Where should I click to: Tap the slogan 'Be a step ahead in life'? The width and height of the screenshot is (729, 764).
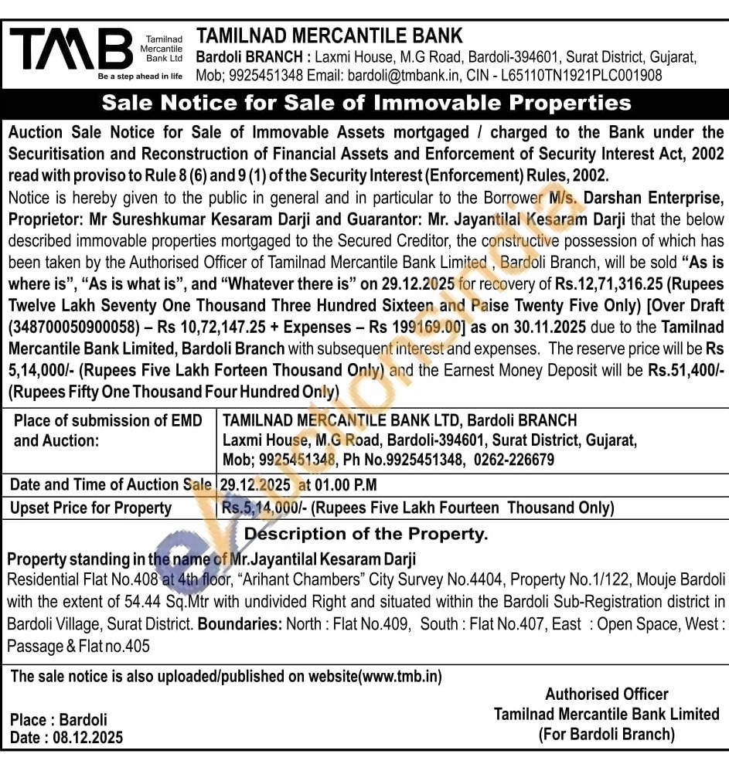[x=140, y=76]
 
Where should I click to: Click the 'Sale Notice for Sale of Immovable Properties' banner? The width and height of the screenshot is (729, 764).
[x=366, y=103]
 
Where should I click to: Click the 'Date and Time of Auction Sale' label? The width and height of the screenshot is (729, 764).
[x=110, y=484]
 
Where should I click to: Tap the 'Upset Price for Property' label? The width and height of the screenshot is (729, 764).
[x=90, y=508]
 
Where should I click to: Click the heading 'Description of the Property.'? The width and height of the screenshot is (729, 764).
[x=366, y=534]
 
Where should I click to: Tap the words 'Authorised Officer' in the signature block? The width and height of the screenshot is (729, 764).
[x=606, y=694]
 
